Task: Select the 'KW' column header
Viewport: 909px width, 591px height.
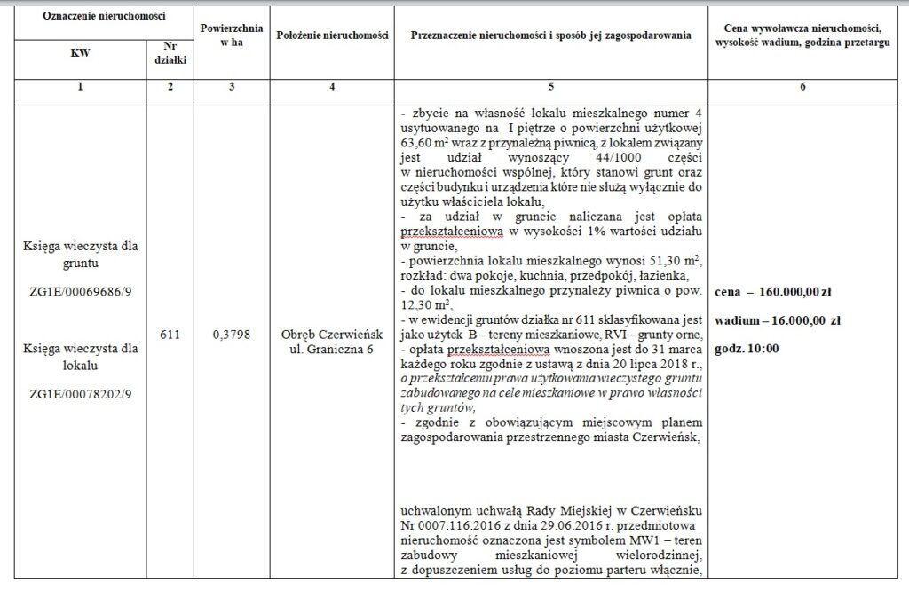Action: pos(79,53)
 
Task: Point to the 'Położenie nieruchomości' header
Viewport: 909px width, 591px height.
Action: pos(331,35)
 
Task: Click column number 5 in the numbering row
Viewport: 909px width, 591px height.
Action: pos(550,87)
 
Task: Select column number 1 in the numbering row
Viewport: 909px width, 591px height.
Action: pos(79,87)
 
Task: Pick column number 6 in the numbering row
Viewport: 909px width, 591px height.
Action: pos(802,87)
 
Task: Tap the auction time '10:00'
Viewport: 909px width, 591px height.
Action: pos(763,349)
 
